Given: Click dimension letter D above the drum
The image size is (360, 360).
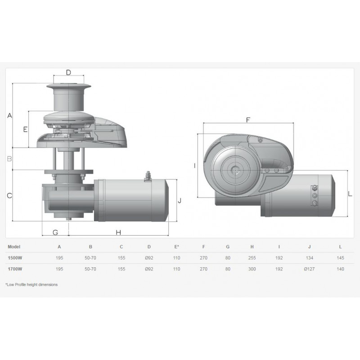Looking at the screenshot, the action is (x=68, y=72).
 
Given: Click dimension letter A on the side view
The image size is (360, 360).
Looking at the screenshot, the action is (x=9, y=115).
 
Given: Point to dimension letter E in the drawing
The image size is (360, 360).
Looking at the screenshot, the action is (x=25, y=129).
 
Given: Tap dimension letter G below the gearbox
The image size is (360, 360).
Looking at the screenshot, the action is (x=55, y=233).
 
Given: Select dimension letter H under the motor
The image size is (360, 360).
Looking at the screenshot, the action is (x=118, y=233).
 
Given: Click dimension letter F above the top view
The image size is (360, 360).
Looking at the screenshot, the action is (x=248, y=120).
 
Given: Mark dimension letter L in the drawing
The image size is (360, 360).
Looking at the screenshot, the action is (x=350, y=194).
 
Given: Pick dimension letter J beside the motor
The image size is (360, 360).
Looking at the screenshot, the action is (x=180, y=200).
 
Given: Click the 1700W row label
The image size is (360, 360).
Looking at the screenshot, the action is (x=15, y=269).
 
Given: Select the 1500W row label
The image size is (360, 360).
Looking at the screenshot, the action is (x=15, y=258).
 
